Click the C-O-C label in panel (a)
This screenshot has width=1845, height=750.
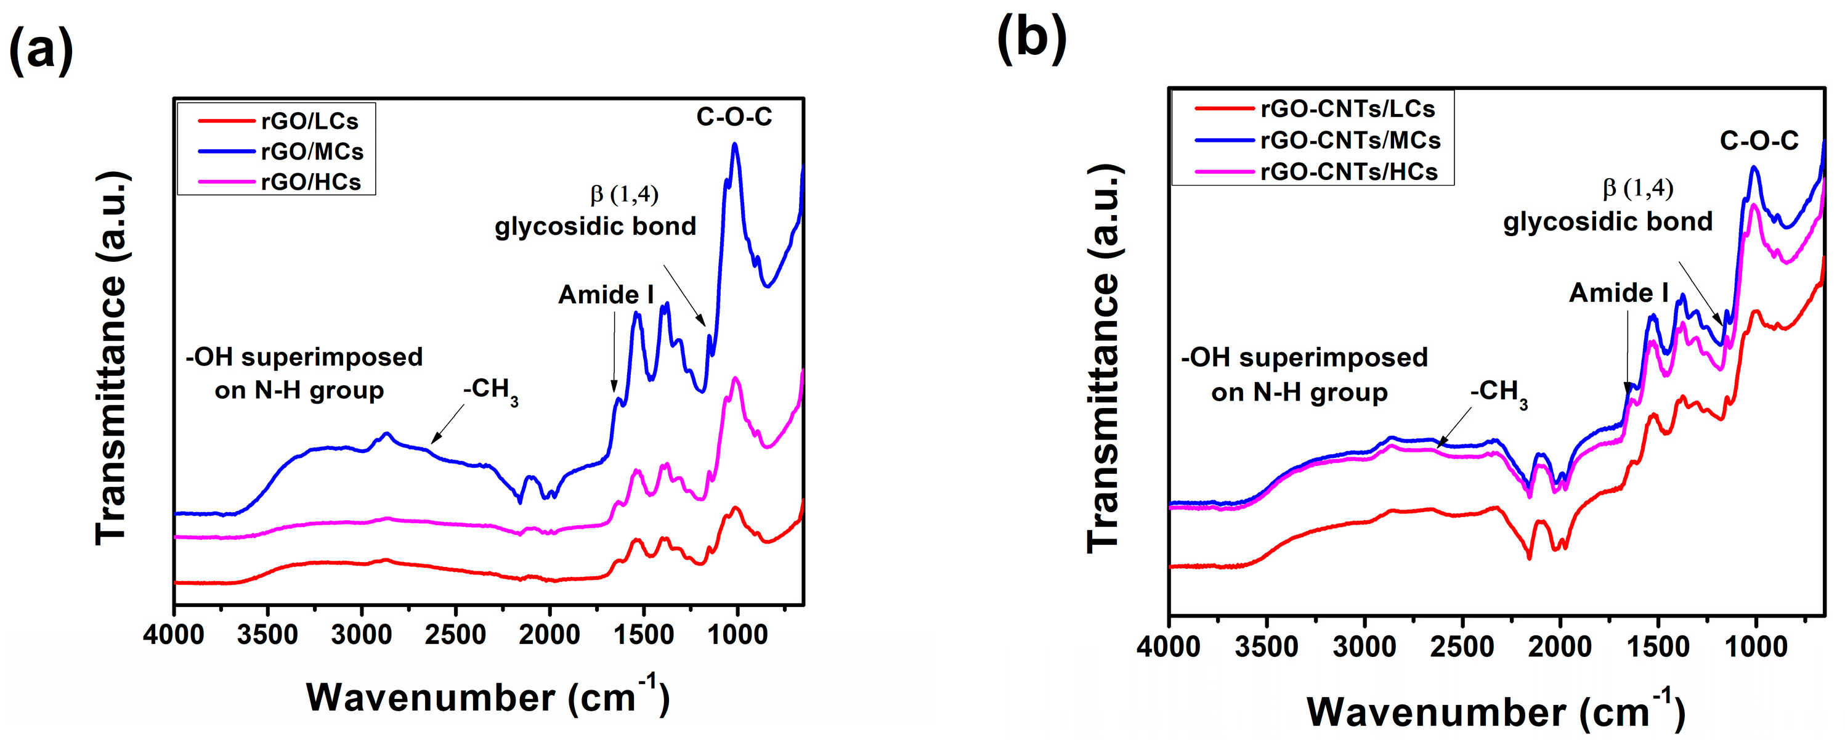734,116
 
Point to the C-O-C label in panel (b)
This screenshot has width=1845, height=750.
1758,141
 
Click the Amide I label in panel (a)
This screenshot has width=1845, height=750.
606,295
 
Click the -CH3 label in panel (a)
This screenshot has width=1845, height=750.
490,390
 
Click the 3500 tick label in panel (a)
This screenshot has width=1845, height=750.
267,635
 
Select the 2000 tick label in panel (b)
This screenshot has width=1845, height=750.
1559,647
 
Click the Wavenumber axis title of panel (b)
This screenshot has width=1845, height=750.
1496,711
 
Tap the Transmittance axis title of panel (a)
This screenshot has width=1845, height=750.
111,358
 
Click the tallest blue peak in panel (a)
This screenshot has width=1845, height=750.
734,145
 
